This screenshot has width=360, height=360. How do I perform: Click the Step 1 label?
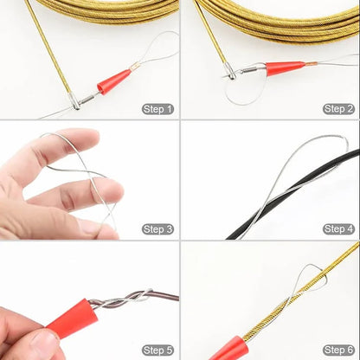tap(157, 109)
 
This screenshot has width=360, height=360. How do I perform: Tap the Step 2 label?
tap(338, 109)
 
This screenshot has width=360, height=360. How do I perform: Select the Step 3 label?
tap(157, 229)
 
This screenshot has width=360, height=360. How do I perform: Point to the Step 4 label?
tap(338, 229)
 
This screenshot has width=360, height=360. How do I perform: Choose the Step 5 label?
tap(157, 350)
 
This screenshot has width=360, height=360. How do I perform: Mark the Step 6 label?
tap(338, 350)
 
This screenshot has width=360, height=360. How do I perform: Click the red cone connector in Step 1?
tap(113, 82)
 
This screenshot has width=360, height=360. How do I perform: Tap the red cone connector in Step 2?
tap(284, 67)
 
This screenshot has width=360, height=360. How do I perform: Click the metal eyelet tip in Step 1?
tap(76, 103)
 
